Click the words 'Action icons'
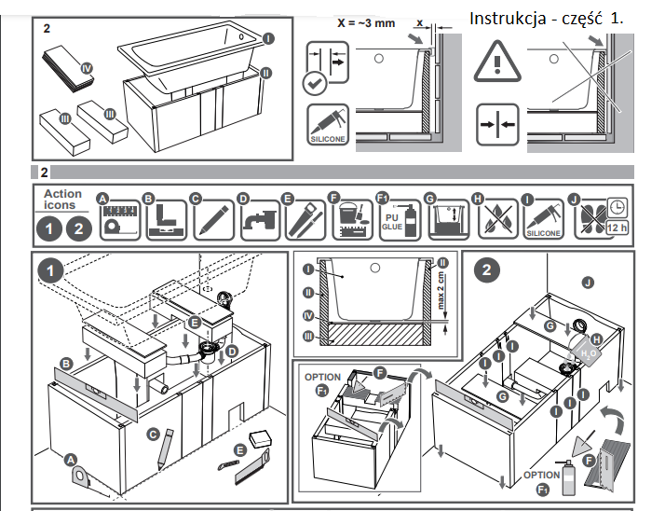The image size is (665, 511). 62,200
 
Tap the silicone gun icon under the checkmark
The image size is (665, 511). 327,125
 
